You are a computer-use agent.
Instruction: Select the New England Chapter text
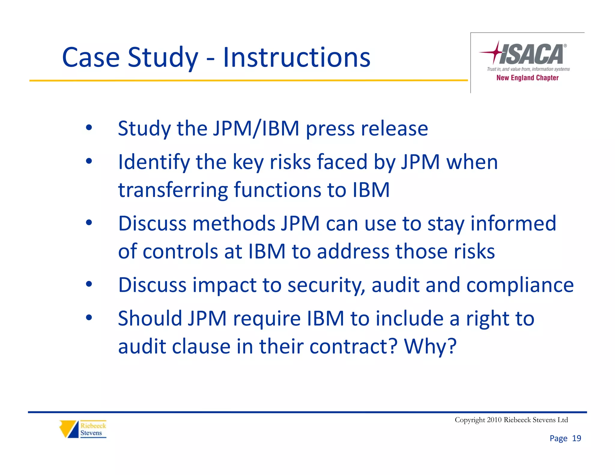(527, 78)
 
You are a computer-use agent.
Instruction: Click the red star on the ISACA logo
(497, 52)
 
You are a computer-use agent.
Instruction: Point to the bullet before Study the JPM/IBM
(89, 128)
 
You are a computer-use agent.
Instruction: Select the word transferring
(173, 190)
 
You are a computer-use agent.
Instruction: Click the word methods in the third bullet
(234, 223)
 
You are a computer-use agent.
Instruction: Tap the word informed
(513, 223)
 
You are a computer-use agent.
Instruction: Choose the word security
(326, 285)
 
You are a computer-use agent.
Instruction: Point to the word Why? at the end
(430, 346)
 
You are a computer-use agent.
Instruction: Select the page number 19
(576, 438)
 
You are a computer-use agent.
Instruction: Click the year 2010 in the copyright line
(494, 420)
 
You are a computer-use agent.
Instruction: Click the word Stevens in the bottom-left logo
(91, 433)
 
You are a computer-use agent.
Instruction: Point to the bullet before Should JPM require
(89, 317)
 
